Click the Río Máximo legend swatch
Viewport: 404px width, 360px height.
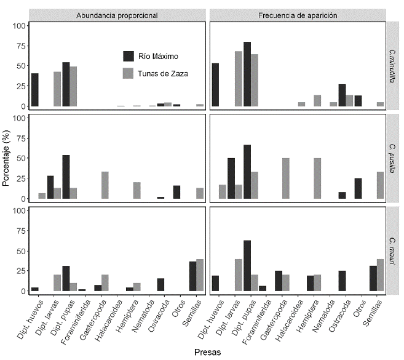pos(129,56)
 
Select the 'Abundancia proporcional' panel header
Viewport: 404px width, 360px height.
pos(117,14)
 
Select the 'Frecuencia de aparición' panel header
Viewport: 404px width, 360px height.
pos(298,14)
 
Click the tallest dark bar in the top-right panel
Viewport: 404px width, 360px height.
pos(247,74)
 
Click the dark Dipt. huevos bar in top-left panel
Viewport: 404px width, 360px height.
pos(35,90)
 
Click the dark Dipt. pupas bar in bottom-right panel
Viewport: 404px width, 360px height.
pos(247,265)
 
